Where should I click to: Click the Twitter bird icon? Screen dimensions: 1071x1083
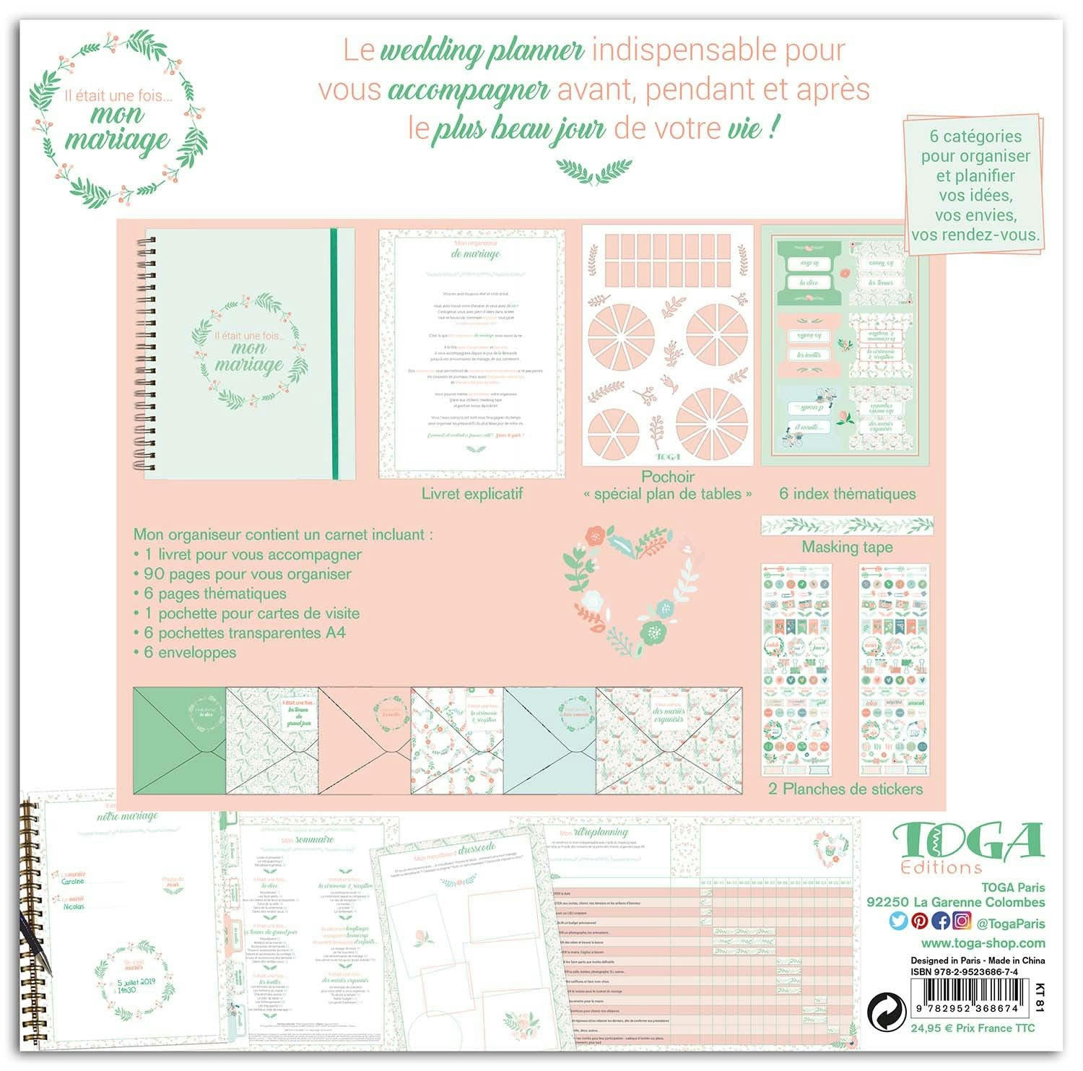coord(899,922)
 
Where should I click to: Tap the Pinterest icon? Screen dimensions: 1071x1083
coord(920,922)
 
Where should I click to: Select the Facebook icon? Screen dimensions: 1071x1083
coord(941,922)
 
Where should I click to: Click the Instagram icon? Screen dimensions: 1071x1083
coord(962,922)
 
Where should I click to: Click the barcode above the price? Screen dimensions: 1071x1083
coord(967,998)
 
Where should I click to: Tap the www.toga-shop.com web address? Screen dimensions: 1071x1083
coord(983,943)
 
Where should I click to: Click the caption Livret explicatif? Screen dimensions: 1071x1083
coord(472,494)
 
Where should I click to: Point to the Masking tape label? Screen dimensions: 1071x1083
coord(847,547)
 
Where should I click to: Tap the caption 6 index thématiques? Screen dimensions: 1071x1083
coord(847,494)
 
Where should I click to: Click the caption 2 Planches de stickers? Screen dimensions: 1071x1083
coord(845,789)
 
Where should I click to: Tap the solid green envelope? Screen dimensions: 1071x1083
coord(180,740)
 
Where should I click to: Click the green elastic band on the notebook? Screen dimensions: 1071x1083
coord(334,354)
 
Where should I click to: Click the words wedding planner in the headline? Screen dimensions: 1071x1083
coord(482,51)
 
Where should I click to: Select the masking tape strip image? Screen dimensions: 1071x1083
coord(847,525)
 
